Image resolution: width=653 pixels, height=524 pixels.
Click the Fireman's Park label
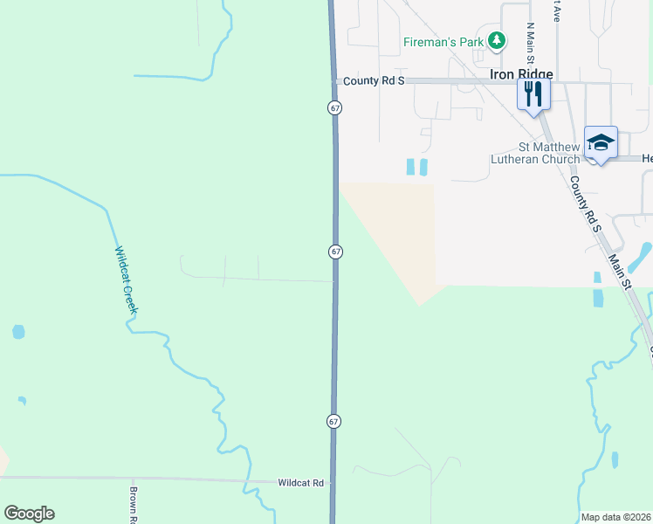pyautogui.click(x=443, y=42)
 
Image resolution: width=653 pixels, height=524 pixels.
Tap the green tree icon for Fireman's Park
pyautogui.click(x=497, y=40)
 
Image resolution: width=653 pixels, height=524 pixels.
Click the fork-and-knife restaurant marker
pyautogui.click(x=533, y=93)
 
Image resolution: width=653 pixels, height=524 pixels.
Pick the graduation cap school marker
pyautogui.click(x=601, y=142)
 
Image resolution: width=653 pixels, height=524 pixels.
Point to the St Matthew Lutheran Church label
pyautogui.click(x=548, y=153)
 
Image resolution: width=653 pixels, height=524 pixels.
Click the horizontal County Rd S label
pyautogui.click(x=374, y=81)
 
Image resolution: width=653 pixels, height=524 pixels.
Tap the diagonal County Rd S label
pyautogui.click(x=586, y=205)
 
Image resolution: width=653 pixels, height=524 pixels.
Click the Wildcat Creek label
pyautogui.click(x=127, y=280)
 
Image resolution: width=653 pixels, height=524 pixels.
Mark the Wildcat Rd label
pyautogui.click(x=300, y=482)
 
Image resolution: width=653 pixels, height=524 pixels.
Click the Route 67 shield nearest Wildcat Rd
pyautogui.click(x=333, y=421)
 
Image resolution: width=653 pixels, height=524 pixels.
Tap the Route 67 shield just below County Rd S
pyautogui.click(x=334, y=107)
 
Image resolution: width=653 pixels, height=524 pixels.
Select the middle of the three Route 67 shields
pyautogui.click(x=336, y=252)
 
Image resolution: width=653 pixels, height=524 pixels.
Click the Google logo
pyautogui.click(x=29, y=514)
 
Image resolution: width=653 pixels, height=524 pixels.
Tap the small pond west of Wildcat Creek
pyautogui.click(x=18, y=332)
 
